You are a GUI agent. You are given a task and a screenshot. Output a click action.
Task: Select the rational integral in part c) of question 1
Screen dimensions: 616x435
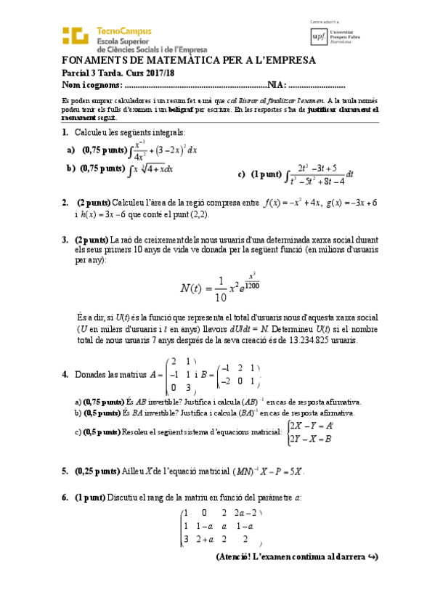point(320,174)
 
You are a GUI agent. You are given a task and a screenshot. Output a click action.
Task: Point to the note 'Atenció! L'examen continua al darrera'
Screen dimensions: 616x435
point(297,557)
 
